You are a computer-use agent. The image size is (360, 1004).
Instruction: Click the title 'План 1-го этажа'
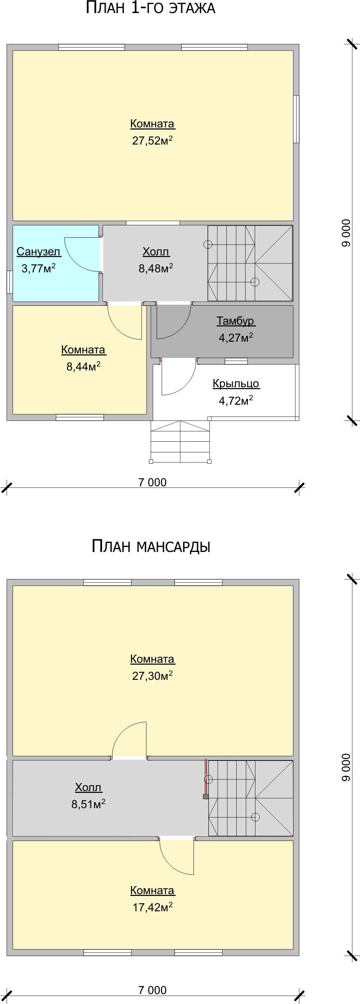[x=150, y=8]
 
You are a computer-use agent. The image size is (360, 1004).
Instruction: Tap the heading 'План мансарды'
[x=151, y=546]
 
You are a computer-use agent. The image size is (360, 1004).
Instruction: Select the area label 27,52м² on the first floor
[x=153, y=141]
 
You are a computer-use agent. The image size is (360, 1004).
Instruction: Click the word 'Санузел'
[x=39, y=252]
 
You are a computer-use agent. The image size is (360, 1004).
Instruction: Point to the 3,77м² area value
[x=39, y=268]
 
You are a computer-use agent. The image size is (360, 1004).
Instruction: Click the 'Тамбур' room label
[x=235, y=321]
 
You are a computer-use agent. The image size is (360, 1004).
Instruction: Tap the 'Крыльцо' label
[x=236, y=384]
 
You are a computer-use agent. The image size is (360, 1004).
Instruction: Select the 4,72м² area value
[x=236, y=400]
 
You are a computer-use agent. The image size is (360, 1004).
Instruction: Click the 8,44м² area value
[x=83, y=366]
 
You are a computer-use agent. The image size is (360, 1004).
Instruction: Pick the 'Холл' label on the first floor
[x=156, y=252]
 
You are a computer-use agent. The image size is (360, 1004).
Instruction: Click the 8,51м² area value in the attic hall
[x=89, y=804]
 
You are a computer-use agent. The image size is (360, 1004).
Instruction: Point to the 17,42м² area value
[x=153, y=907]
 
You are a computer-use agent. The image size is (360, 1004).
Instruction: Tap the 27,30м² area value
[x=153, y=675]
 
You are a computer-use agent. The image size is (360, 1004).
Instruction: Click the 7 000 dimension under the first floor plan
[x=153, y=482]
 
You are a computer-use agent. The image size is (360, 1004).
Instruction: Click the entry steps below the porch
[x=180, y=441]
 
